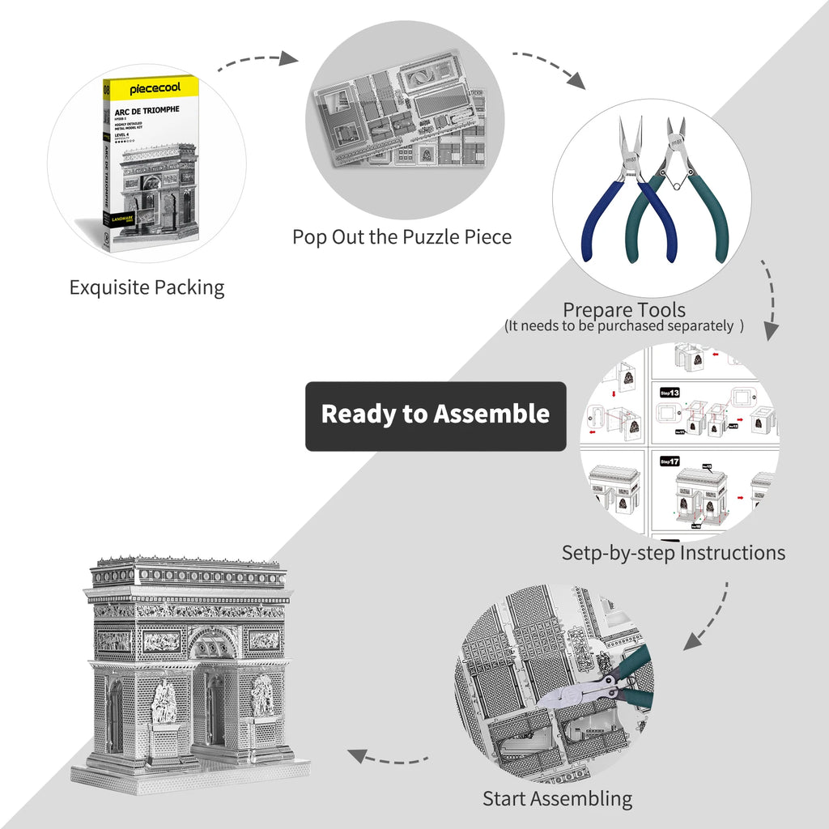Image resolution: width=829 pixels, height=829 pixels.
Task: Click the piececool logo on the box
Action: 153,87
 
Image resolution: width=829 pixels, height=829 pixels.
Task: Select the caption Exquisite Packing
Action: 147,287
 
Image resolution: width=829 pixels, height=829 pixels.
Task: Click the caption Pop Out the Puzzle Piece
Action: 402,237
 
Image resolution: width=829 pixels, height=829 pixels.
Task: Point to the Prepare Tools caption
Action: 623,310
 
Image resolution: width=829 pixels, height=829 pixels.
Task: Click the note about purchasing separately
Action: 623,326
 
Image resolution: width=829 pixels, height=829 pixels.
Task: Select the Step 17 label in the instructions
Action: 669,461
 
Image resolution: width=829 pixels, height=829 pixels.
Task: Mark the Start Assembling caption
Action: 557,798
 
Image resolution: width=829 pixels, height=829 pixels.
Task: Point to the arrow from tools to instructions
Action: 768,300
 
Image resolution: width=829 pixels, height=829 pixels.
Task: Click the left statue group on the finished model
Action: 164,701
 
